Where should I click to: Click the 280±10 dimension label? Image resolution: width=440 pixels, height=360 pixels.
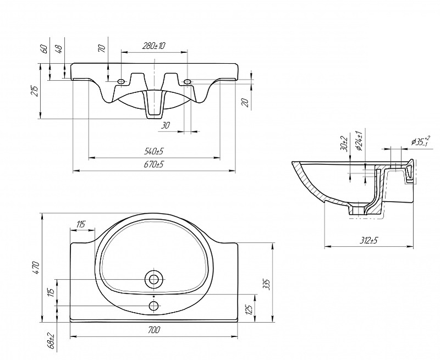click(x=154, y=46)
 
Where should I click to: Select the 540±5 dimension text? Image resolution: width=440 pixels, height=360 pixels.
click(x=155, y=151)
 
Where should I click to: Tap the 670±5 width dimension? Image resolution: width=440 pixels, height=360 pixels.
click(x=155, y=164)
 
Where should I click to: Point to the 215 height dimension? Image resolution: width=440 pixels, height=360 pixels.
click(x=34, y=91)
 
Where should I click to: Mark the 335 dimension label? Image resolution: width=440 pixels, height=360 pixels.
click(x=267, y=284)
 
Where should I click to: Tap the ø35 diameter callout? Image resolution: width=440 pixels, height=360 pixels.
click(x=420, y=142)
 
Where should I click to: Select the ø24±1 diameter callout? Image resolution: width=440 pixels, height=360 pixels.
click(x=358, y=141)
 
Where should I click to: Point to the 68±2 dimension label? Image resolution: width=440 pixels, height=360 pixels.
click(x=51, y=342)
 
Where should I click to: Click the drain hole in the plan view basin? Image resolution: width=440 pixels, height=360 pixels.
click(x=154, y=279)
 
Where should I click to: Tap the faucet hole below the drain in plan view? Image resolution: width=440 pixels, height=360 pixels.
click(x=154, y=305)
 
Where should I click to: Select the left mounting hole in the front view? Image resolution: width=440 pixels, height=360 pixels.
click(x=121, y=82)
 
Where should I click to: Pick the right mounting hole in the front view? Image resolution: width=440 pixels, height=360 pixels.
click(x=188, y=82)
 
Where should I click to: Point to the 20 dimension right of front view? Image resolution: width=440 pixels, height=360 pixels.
click(x=246, y=102)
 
